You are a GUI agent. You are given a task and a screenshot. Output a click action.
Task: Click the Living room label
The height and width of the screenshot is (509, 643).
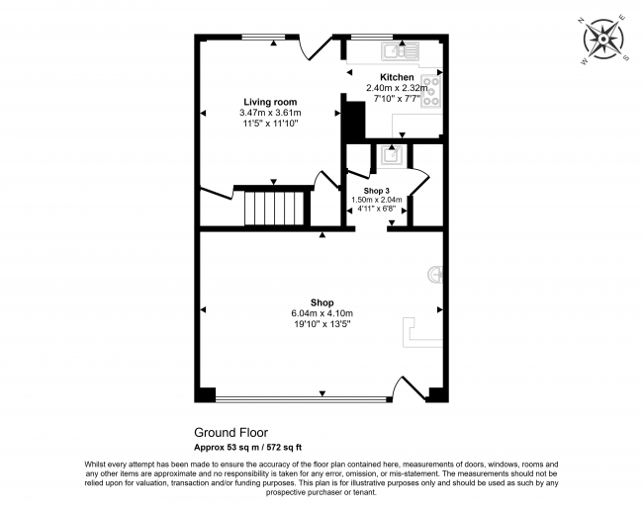coord(270,102)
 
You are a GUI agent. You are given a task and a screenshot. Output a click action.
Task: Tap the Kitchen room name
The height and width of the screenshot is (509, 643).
coord(397,77)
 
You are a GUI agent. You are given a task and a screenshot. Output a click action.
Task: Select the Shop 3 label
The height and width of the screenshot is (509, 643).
coord(377,191)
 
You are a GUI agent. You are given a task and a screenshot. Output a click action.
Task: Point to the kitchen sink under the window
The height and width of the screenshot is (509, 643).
coord(401,51)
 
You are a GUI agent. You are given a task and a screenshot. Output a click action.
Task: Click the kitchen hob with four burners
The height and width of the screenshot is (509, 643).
coord(430,91)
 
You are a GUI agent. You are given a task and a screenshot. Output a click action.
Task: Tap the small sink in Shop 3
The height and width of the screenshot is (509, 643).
coord(391,156)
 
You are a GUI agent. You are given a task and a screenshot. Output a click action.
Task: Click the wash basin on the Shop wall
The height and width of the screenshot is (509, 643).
coord(435,275)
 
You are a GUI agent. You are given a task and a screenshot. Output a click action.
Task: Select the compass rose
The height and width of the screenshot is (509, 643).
coord(603,40)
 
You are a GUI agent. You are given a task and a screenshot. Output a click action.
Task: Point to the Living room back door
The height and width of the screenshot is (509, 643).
coord(316,48)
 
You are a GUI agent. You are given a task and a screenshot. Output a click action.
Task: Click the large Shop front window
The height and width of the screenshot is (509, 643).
coord(301,398)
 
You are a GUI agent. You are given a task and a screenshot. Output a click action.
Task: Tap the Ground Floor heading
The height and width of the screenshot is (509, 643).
coord(230,433)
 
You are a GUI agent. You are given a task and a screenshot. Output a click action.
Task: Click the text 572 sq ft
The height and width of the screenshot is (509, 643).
coord(284,448)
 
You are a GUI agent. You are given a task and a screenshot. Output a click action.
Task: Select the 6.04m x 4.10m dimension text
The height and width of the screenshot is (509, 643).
coord(321,313)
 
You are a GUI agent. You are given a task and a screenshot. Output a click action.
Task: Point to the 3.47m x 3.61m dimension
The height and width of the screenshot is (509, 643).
coord(270,113)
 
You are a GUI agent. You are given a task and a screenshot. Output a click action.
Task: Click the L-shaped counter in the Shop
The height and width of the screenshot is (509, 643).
coord(422,332)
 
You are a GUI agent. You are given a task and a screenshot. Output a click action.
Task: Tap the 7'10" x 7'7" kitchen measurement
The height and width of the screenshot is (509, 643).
coord(397,99)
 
